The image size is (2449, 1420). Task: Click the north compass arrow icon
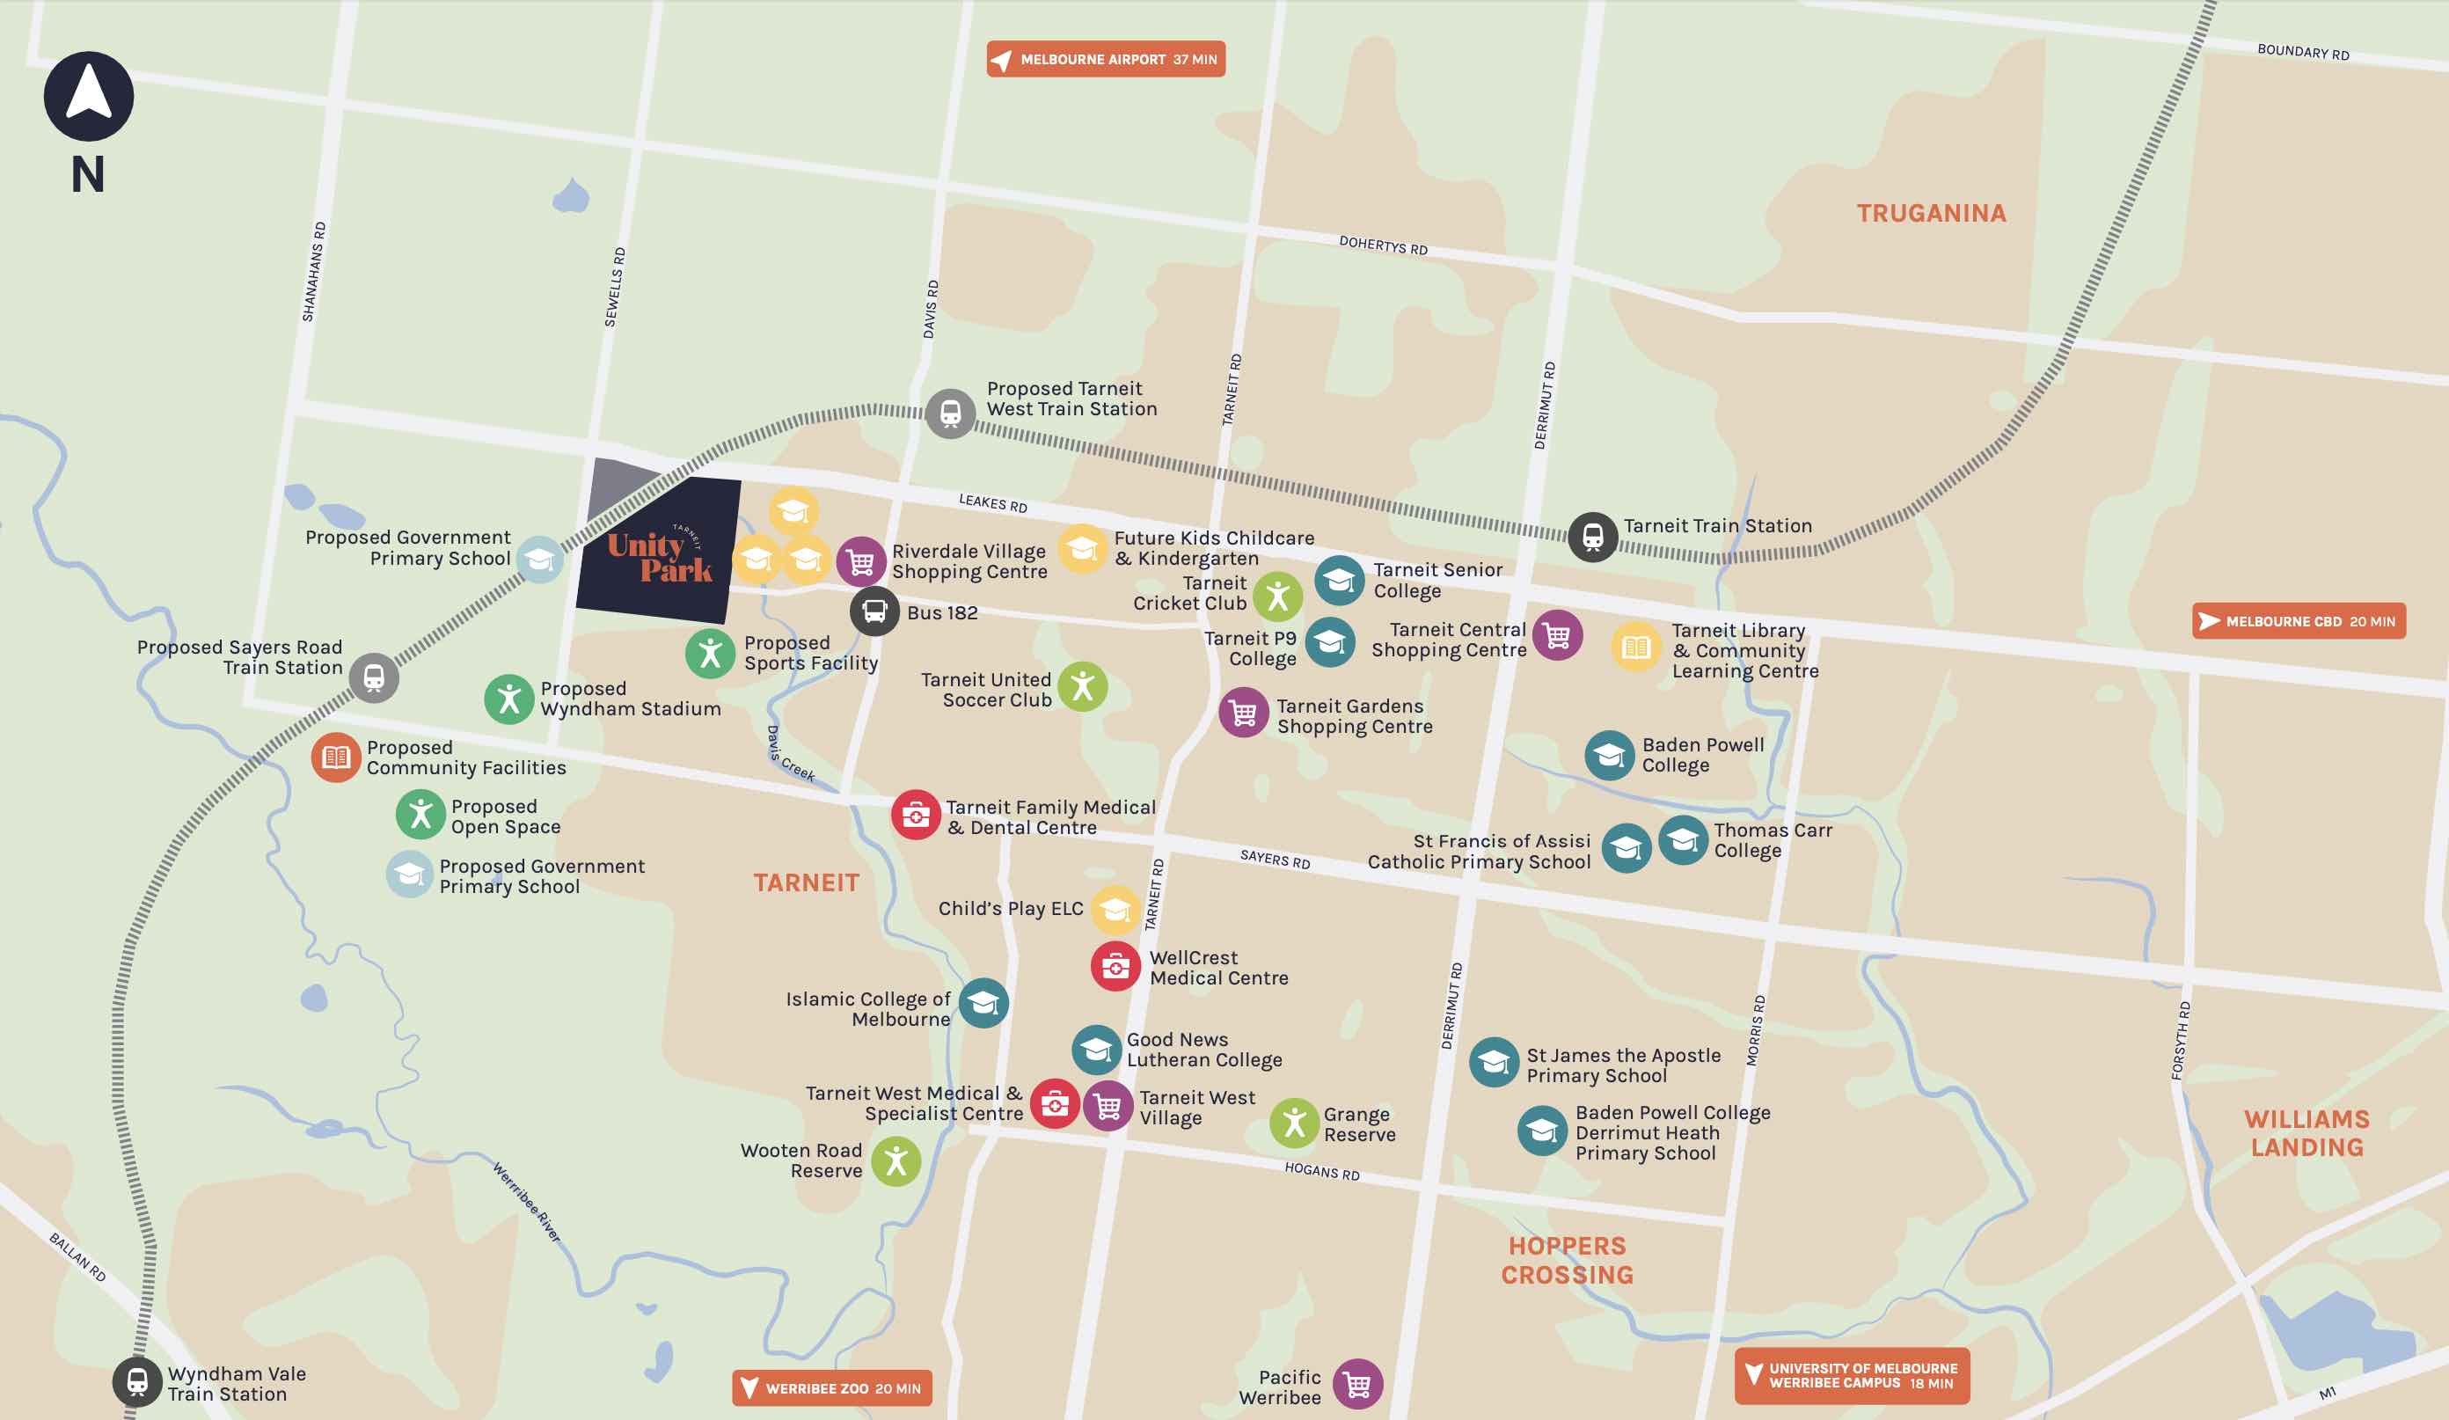pyautogui.click(x=89, y=96)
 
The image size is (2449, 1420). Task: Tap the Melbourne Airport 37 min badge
pyautogui.click(x=1105, y=59)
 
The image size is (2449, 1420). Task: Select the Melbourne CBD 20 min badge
pyautogui.click(x=2299, y=621)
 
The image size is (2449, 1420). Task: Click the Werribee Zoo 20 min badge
pyautogui.click(x=832, y=1388)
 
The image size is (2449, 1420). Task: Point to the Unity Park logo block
pyautogui.click(x=660, y=551)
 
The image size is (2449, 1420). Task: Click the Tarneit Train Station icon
pyautogui.click(x=1592, y=537)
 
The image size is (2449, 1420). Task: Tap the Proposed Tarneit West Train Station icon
pyautogui.click(x=949, y=414)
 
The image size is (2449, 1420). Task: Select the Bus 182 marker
pyautogui.click(x=874, y=611)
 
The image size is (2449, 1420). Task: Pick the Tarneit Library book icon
pyautogui.click(x=1635, y=647)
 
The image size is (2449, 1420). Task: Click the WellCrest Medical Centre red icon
pyautogui.click(x=1115, y=966)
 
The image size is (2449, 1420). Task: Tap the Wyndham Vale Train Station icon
pyautogui.click(x=137, y=1381)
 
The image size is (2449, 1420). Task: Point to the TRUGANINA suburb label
pyautogui.click(x=1931, y=213)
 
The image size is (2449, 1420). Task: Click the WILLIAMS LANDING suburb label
pyautogui.click(x=2306, y=1133)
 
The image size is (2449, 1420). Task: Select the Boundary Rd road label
pyautogui.click(x=2302, y=52)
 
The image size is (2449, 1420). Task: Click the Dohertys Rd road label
pyautogui.click(x=1382, y=245)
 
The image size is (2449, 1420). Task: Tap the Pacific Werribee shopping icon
pyautogui.click(x=1356, y=1384)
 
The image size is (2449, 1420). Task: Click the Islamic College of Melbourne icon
pyautogui.click(x=983, y=1002)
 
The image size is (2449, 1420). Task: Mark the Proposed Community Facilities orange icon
pyautogui.click(x=335, y=758)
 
